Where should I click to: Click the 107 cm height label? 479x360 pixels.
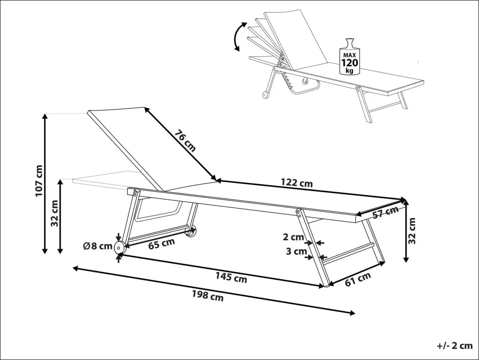pyautogui.click(x=39, y=181)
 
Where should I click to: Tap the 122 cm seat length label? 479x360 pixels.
pyautogui.click(x=297, y=182)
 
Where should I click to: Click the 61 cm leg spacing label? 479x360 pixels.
pyautogui.click(x=357, y=279)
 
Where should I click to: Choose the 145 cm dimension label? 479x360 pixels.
pyautogui.click(x=231, y=277)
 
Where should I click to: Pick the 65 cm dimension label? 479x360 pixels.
pyautogui.click(x=161, y=244)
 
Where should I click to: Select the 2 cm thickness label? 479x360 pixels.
pyautogui.click(x=293, y=237)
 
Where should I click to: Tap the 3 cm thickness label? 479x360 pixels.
pyautogui.click(x=296, y=252)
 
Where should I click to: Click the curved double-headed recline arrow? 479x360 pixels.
pyautogui.click(x=240, y=37)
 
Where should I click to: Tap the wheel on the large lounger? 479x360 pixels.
pyautogui.click(x=119, y=248)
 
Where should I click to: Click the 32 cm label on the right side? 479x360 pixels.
pyautogui.click(x=412, y=231)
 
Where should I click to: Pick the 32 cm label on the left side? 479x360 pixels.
pyautogui.click(x=55, y=214)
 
